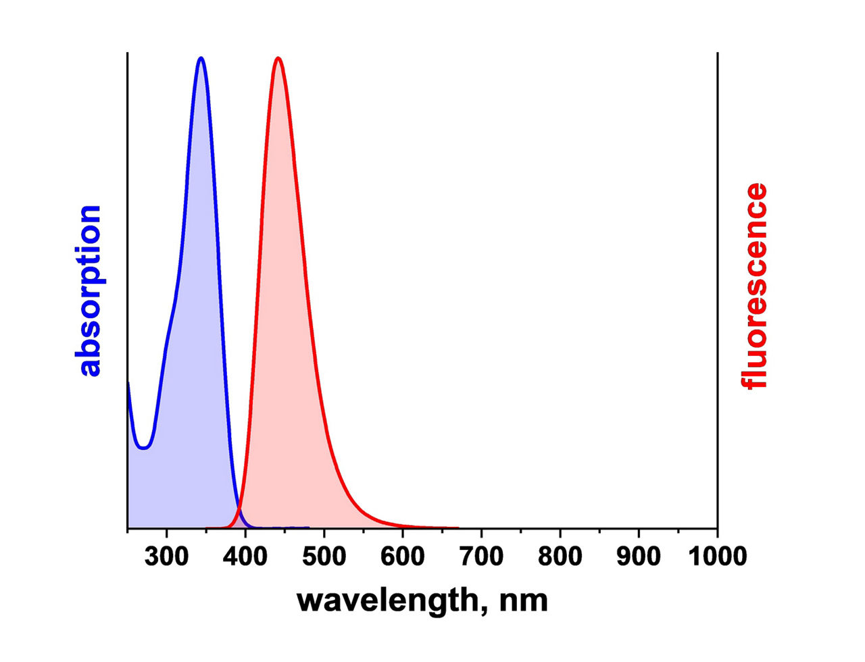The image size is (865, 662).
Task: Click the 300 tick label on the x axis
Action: (x=166, y=557)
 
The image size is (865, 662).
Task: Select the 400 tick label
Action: (x=245, y=557)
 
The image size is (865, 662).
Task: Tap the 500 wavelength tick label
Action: (x=324, y=557)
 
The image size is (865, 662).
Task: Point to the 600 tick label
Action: (x=403, y=557)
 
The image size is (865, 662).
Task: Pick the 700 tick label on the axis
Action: (x=482, y=557)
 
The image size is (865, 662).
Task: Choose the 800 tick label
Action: (x=560, y=557)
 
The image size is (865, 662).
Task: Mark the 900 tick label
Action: (x=639, y=557)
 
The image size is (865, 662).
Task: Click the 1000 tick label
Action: (x=718, y=557)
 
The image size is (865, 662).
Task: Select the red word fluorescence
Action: (x=753, y=286)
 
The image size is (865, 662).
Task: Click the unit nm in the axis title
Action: (x=524, y=601)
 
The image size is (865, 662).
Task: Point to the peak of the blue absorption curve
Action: (x=201, y=58)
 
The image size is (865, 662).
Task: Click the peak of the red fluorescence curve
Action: (x=278, y=59)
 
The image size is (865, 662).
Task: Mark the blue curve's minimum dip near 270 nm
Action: (x=144, y=449)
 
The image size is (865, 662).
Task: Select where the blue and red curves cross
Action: (x=240, y=509)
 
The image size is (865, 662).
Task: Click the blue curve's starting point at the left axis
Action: (x=128, y=383)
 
